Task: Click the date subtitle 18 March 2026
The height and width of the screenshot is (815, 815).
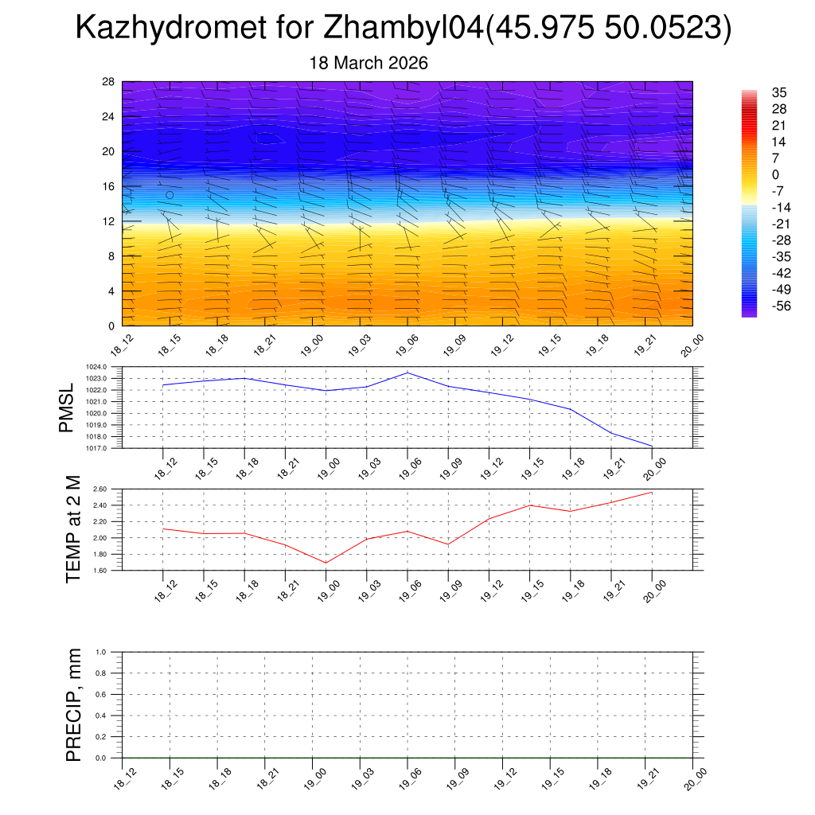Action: tap(369, 63)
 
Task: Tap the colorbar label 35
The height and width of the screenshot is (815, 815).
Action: tap(779, 92)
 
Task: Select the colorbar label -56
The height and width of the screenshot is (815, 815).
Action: tap(779, 306)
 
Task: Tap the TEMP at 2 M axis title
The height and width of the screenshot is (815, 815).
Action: tap(73, 530)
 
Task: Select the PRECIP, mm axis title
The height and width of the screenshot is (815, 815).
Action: tap(73, 704)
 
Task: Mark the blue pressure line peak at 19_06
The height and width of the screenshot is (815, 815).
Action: tap(407, 372)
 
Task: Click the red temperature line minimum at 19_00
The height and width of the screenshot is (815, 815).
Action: tap(326, 563)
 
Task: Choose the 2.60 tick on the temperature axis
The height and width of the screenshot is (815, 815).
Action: tap(98, 489)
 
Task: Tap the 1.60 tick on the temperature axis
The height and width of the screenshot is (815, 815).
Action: tap(98, 571)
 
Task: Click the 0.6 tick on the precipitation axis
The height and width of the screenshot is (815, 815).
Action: tap(100, 694)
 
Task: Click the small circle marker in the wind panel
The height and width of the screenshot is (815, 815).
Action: tap(170, 195)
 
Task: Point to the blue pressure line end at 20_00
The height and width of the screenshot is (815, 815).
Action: tap(653, 446)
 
